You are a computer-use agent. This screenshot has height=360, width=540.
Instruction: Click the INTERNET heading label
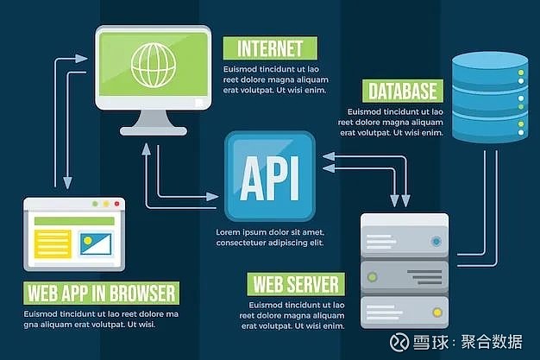click(x=270, y=48)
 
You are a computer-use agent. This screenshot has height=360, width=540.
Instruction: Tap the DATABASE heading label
click(x=403, y=91)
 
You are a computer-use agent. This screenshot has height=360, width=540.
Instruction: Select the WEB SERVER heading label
click(x=296, y=285)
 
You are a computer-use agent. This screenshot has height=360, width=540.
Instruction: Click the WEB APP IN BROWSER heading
click(x=101, y=294)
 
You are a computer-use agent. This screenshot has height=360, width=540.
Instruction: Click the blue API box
click(x=270, y=176)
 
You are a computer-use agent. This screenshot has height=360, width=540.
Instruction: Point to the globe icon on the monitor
click(x=154, y=65)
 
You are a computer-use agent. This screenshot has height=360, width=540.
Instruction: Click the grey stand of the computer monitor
click(x=154, y=123)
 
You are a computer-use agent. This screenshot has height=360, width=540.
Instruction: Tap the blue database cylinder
click(x=490, y=98)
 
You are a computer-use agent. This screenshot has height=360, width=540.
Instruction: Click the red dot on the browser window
click(x=117, y=204)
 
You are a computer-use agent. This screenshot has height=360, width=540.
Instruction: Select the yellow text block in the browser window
click(x=53, y=244)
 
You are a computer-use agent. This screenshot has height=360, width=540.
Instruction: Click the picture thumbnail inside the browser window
click(x=96, y=244)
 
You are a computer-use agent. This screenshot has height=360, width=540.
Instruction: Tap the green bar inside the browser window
click(x=74, y=221)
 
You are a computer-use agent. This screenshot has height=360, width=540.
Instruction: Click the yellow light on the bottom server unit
click(x=437, y=313)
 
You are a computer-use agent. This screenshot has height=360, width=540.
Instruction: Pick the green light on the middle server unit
click(x=372, y=276)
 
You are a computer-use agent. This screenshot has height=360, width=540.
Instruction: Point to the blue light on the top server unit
click(x=436, y=241)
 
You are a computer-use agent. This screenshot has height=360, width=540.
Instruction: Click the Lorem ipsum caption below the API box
click(x=270, y=237)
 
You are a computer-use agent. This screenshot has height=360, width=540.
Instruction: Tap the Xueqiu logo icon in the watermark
click(x=399, y=343)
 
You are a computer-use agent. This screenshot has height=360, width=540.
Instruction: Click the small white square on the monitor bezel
click(x=199, y=103)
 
